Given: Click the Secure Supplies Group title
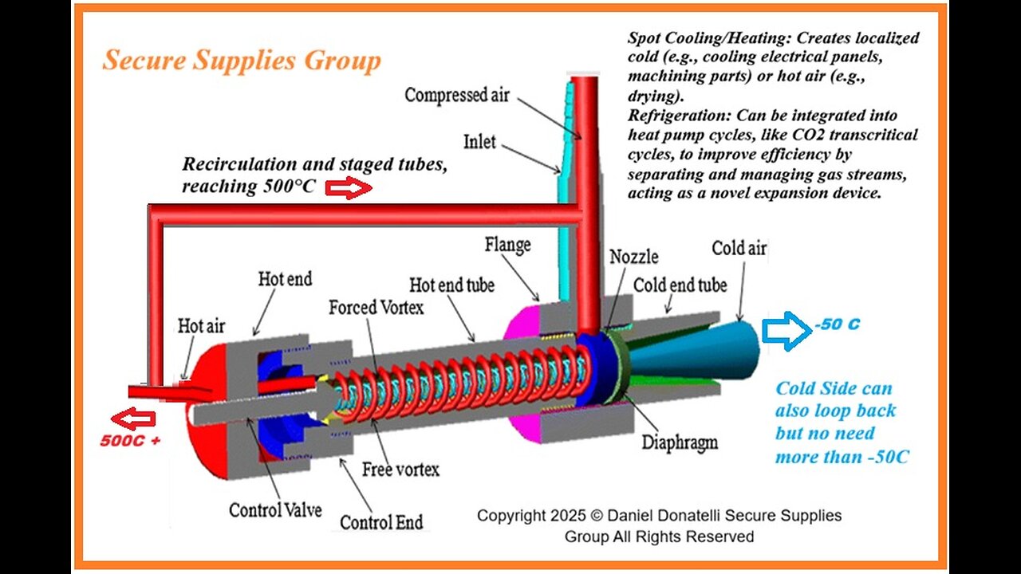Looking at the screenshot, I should (x=241, y=61).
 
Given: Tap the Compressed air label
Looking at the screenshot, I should (x=455, y=95).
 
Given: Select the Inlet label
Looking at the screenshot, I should (x=479, y=142).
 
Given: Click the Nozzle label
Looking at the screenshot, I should (x=634, y=257).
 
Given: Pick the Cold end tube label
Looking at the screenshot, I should (x=680, y=285).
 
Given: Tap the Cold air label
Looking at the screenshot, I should (x=739, y=248).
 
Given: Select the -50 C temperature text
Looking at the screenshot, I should (x=837, y=325).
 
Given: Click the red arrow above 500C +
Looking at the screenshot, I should (x=133, y=419).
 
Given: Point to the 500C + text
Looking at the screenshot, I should (x=130, y=440).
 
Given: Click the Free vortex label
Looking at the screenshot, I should (x=400, y=469).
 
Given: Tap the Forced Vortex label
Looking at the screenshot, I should (x=376, y=307).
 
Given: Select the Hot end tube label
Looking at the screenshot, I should (x=451, y=285).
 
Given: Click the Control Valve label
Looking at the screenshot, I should (x=275, y=509).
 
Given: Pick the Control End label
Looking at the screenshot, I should (x=381, y=523).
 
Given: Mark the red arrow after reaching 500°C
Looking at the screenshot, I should (x=349, y=189).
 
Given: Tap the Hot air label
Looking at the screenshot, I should (x=201, y=325).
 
